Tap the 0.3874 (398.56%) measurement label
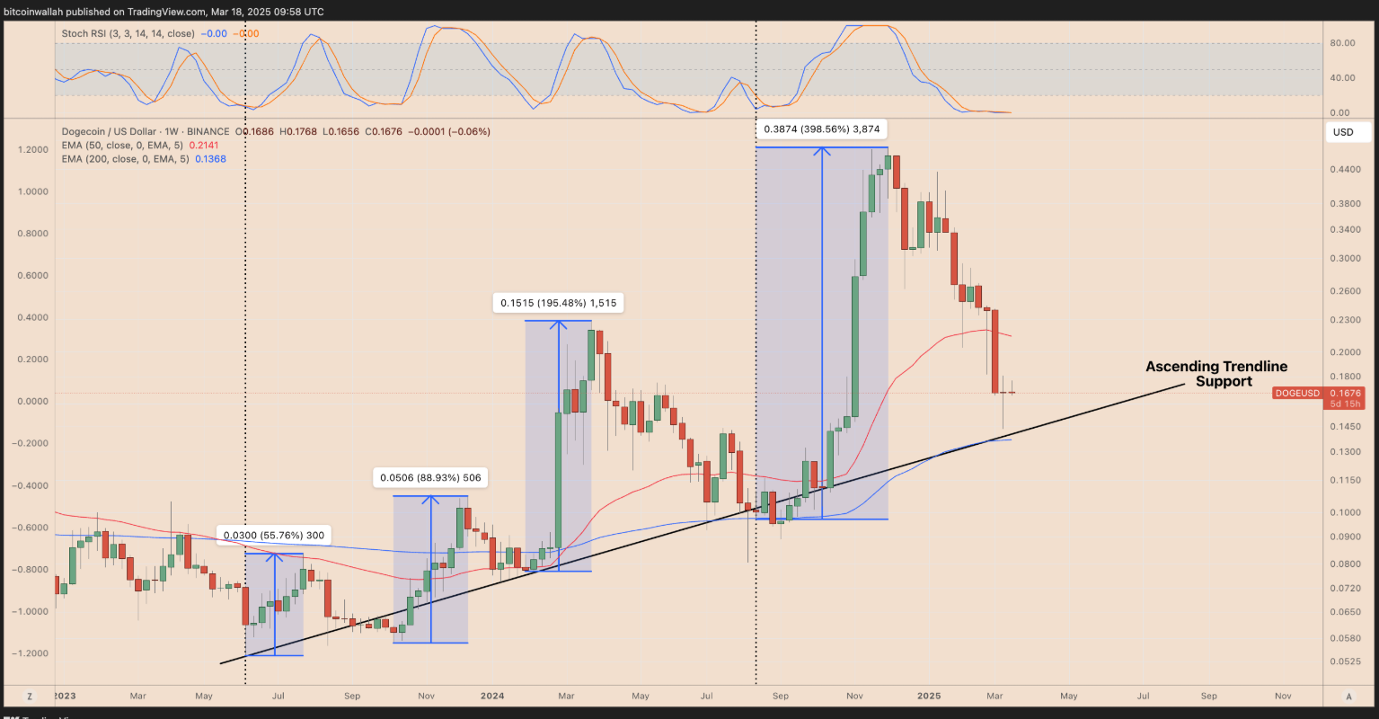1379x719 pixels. coord(821,129)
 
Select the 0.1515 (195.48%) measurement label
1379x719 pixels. coord(558,303)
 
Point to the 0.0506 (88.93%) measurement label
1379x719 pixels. coord(430,478)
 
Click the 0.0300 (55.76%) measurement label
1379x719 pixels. coord(273,536)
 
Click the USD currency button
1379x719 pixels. coord(1343,132)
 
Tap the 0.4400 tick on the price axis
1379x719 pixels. coord(1344,170)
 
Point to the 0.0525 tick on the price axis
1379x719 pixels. coord(1344,661)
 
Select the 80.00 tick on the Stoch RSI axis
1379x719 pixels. coord(1342,43)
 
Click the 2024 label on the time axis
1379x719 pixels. coord(491,696)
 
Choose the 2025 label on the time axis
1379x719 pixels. coord(929,696)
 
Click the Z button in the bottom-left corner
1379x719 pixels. coord(30,697)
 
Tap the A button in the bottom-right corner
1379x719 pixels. coord(1348,697)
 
